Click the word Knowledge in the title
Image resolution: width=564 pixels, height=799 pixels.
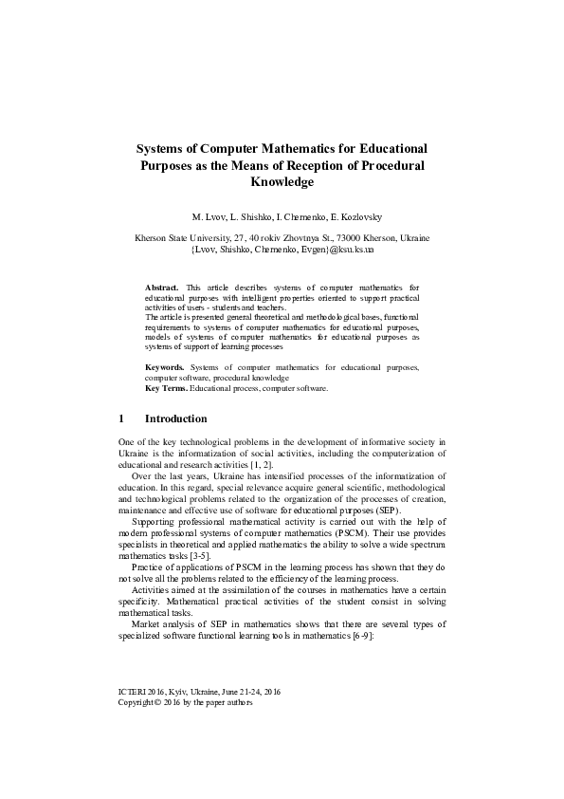(282, 181)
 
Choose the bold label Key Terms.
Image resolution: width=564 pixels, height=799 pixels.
(165, 388)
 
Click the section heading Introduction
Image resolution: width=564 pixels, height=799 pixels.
(175, 418)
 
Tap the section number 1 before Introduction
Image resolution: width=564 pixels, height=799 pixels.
(121, 418)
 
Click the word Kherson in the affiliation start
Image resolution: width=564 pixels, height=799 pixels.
(153, 237)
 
